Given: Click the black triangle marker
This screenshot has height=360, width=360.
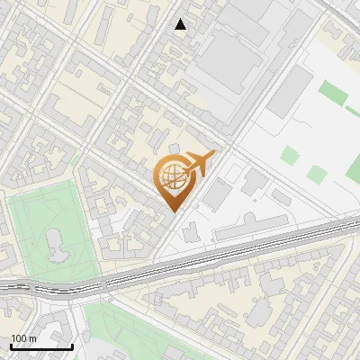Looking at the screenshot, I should [181, 24].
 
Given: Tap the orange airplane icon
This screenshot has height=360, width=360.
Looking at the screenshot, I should [200, 164].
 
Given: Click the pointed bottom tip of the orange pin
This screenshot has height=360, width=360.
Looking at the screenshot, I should [174, 211].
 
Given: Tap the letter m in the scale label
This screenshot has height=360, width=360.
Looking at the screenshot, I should [32, 338].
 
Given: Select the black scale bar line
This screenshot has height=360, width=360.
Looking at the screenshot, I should [41, 346].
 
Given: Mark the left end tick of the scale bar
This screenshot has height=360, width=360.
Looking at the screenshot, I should [11, 346].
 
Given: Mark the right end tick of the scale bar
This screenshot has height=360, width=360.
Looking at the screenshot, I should [72, 346].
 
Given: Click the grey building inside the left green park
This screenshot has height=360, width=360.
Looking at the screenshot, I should [53, 243].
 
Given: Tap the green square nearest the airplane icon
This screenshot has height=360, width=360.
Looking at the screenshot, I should [289, 155].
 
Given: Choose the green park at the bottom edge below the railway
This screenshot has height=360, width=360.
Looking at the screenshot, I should [135, 333].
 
